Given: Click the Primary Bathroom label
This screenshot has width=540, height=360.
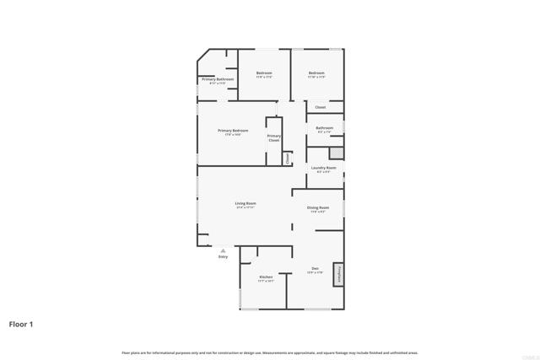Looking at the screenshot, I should [217, 79].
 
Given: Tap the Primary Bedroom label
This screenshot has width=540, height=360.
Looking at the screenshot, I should [233, 131].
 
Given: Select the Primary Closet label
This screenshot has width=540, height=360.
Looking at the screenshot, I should [273, 137].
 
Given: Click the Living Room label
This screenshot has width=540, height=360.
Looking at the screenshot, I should [246, 203].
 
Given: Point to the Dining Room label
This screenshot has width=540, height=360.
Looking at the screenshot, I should [318, 207].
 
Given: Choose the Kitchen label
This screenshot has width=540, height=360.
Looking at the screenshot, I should [266, 277].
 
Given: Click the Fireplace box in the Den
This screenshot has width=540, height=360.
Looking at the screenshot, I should [339, 274].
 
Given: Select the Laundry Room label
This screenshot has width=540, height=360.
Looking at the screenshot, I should [323, 168].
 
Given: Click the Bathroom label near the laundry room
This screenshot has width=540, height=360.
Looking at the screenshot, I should [325, 128].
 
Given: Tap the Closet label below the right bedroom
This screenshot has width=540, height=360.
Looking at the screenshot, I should [320, 107].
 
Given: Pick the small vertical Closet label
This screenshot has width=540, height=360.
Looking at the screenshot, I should [287, 158].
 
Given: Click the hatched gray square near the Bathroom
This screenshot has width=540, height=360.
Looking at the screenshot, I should [337, 153].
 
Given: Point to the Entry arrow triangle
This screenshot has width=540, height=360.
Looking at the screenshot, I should [223, 250].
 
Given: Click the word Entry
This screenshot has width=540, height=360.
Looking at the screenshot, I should [223, 257].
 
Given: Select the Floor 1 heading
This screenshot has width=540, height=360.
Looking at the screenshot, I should [22, 324].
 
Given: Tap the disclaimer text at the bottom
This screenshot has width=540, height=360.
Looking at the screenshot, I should [270, 352].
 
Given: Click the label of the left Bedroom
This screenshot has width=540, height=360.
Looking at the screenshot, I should [263, 73].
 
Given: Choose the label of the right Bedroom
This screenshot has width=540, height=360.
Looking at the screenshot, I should [316, 73].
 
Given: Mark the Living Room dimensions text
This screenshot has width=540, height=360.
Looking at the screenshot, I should [246, 207].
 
